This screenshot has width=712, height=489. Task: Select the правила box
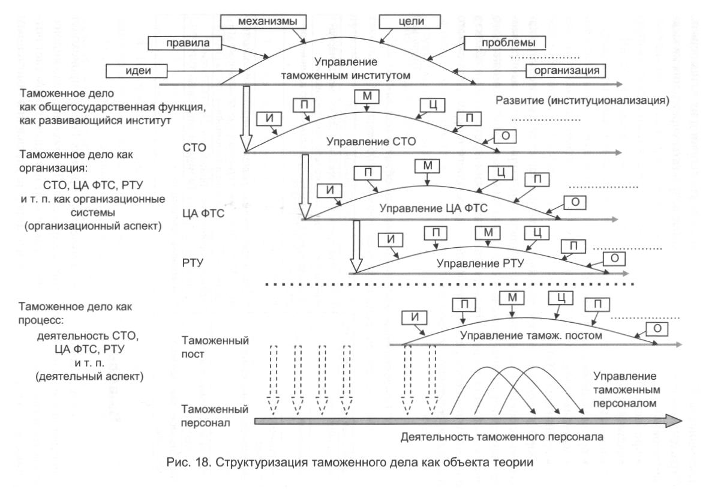coord(186,43)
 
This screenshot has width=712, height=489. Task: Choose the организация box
coord(565,71)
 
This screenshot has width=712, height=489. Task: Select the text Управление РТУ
coord(480,263)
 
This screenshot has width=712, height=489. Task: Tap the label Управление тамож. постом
coord(530,335)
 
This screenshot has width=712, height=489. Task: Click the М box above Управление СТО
coord(365,97)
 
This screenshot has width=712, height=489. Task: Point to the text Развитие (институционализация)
coord(582,100)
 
